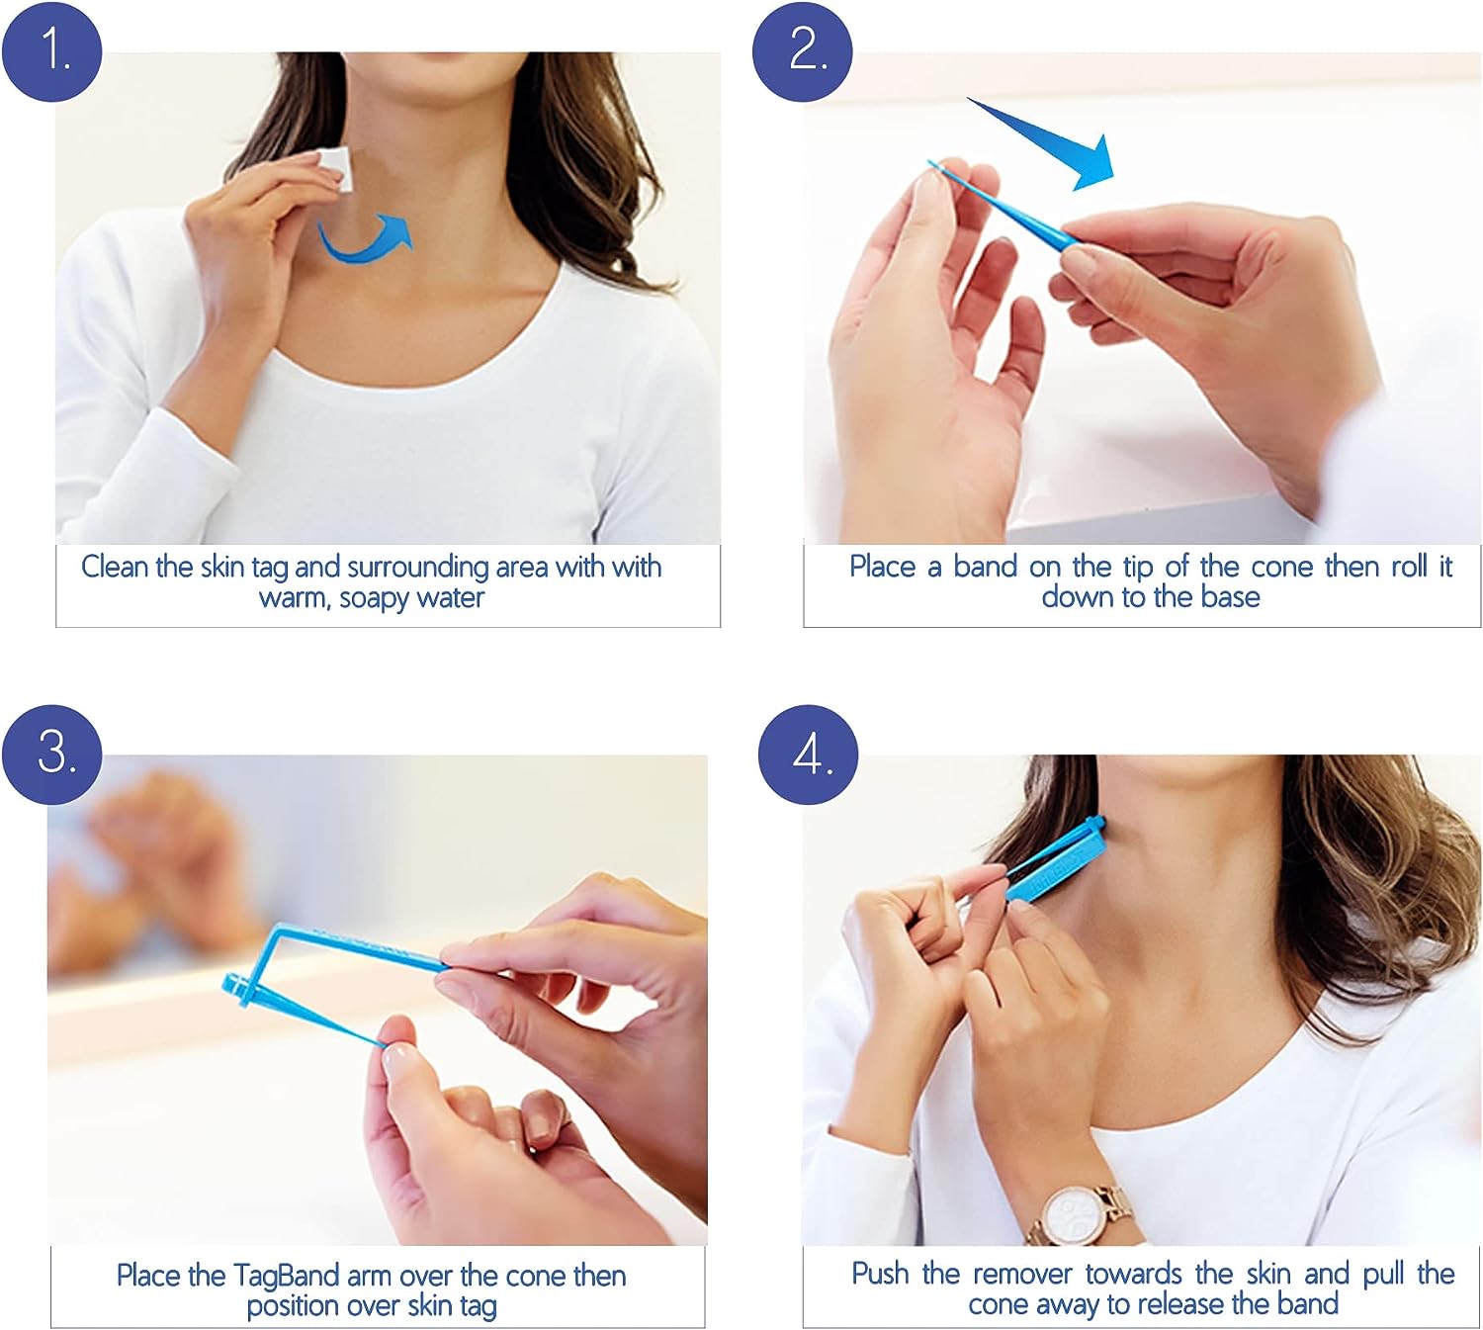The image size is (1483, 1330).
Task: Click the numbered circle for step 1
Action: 52,50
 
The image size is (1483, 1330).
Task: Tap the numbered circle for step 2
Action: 802,50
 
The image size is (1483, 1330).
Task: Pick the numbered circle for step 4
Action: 808,754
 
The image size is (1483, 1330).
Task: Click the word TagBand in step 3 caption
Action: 287,1275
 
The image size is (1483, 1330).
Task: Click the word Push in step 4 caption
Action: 879,1273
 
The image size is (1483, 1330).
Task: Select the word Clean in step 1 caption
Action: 115,567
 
